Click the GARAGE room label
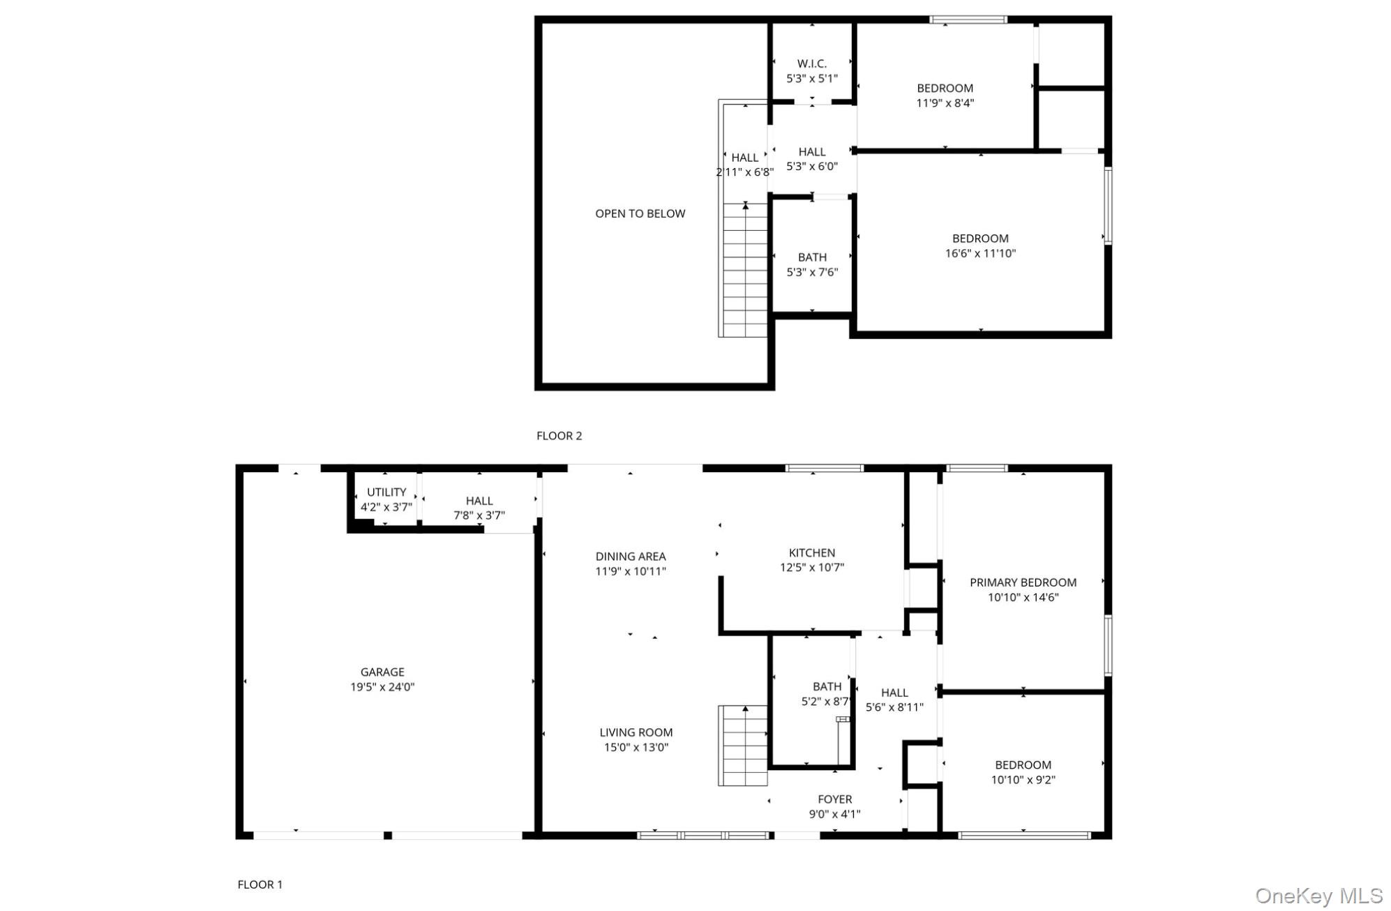click(382, 672)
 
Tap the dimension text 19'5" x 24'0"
click(382, 687)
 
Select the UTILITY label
click(386, 492)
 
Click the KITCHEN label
click(812, 552)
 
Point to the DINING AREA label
click(631, 556)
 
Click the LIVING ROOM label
click(636, 732)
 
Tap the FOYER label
click(835, 799)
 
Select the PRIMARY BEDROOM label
click(1023, 582)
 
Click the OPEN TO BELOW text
click(640, 213)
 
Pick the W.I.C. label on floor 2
click(812, 63)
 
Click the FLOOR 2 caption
click(559, 436)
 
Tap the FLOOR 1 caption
click(260, 884)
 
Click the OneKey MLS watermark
click(1318, 896)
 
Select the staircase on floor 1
click(743, 746)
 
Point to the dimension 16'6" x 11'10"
click(980, 254)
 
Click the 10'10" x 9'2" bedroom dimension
click(1023, 780)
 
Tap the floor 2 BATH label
click(812, 257)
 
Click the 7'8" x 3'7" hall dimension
click(479, 515)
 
